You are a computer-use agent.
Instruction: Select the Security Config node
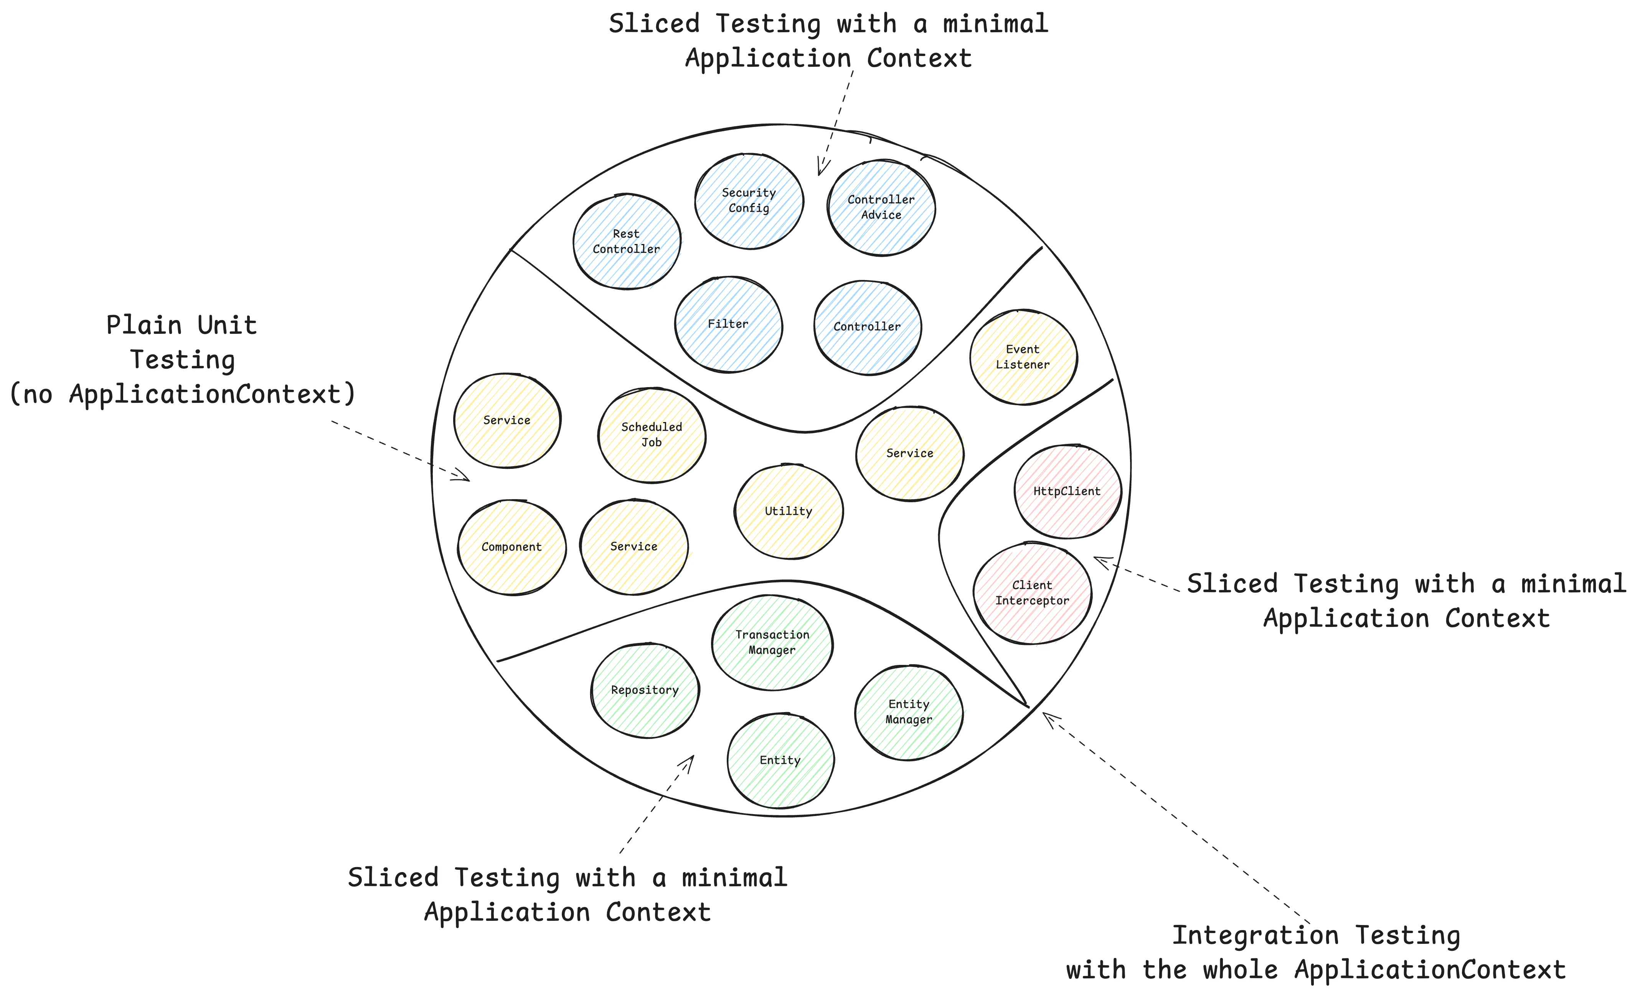[749, 200]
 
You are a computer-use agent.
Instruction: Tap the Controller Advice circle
[881, 207]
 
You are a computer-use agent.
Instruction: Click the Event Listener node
[1023, 357]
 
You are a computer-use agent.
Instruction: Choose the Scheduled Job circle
[652, 435]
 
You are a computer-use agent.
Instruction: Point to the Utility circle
[788, 511]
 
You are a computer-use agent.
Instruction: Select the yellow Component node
[511, 547]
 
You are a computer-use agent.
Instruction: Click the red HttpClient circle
[1067, 492]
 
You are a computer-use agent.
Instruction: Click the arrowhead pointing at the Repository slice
[690, 760]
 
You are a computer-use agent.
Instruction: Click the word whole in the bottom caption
[1241, 971]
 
